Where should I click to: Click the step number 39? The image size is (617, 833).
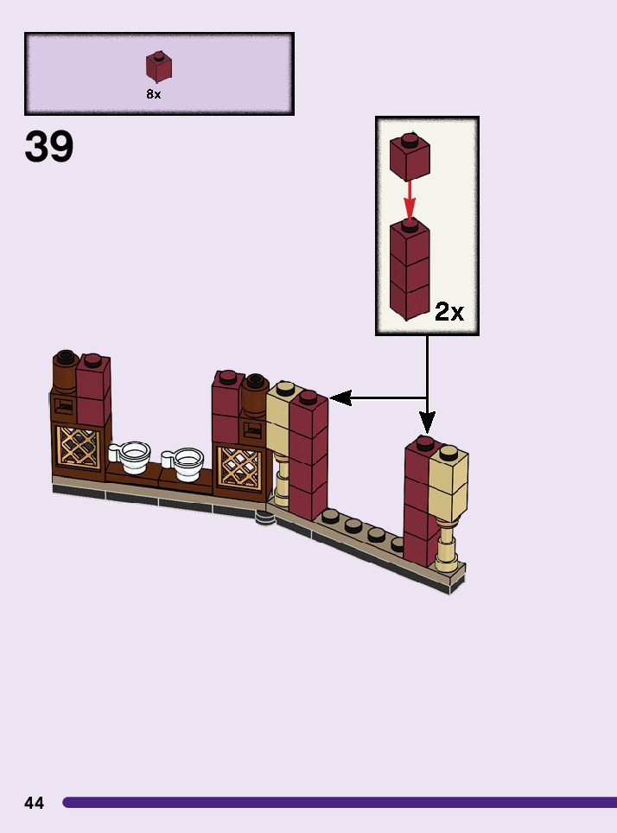tap(49, 147)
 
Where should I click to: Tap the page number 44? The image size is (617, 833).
tap(34, 803)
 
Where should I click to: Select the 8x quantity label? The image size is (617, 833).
tap(153, 95)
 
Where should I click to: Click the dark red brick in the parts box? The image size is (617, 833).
tap(158, 67)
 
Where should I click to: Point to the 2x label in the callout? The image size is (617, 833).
tap(449, 311)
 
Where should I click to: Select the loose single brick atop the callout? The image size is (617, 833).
tap(410, 156)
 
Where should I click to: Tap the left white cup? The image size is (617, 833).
tap(134, 455)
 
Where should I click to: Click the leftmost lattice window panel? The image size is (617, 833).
tap(78, 447)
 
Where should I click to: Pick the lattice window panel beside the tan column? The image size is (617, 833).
tap(238, 467)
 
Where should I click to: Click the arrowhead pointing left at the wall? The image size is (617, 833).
tap(339, 397)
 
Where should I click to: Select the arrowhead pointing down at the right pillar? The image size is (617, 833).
tap(427, 423)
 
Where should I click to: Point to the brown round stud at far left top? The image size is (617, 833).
tap(65, 358)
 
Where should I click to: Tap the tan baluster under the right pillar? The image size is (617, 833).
tap(446, 544)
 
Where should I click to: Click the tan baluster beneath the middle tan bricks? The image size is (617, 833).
tap(282, 476)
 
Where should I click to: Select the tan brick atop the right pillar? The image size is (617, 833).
tap(449, 484)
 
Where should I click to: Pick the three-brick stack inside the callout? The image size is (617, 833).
tap(410, 268)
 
